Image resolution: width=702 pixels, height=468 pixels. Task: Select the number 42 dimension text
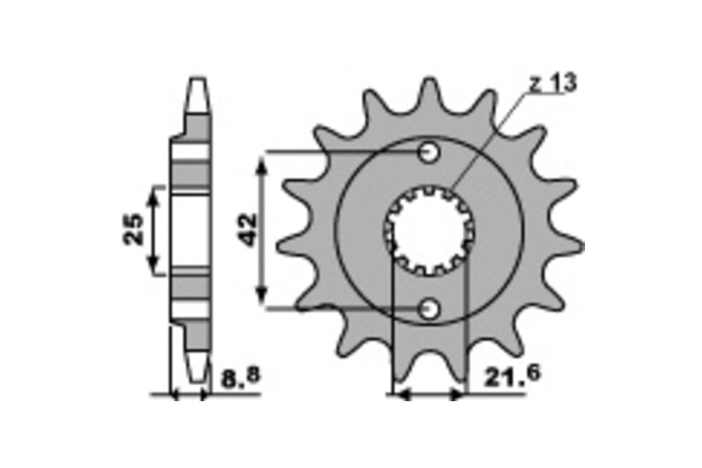[248, 230]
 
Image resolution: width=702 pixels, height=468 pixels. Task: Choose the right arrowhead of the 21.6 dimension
[457, 395]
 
